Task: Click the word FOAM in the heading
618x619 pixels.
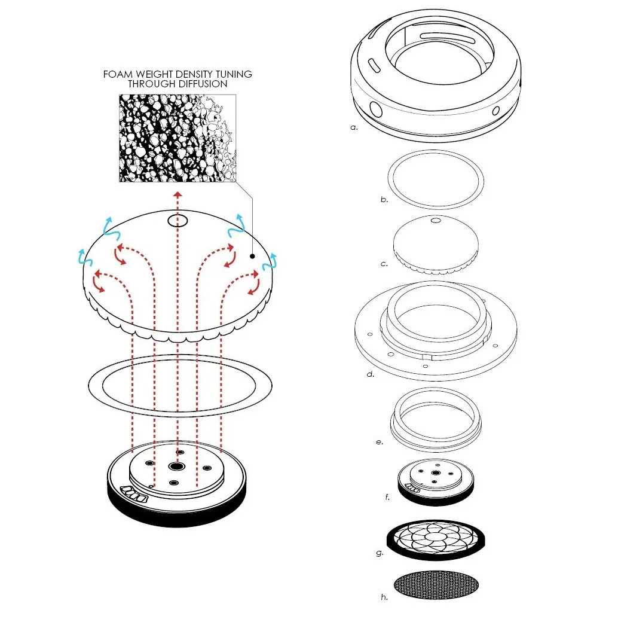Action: pyautogui.click(x=117, y=74)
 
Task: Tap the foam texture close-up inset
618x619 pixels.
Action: pyautogui.click(x=178, y=138)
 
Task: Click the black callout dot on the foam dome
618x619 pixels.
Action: pyautogui.click(x=253, y=256)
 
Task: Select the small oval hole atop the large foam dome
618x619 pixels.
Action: pyautogui.click(x=178, y=221)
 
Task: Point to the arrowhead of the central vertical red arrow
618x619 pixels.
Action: pyautogui.click(x=178, y=194)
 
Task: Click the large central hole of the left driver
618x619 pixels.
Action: pyautogui.click(x=176, y=466)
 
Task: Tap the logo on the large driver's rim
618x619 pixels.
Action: pyautogui.click(x=134, y=492)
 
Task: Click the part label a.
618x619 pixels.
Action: pyautogui.click(x=354, y=127)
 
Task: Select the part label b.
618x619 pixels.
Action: pyautogui.click(x=384, y=199)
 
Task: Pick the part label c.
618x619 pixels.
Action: pyautogui.click(x=384, y=264)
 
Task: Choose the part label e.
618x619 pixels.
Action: pyautogui.click(x=380, y=442)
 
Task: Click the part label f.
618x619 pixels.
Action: pyautogui.click(x=387, y=497)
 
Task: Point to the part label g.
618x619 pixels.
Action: pyautogui.click(x=380, y=553)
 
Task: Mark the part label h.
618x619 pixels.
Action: pyautogui.click(x=384, y=597)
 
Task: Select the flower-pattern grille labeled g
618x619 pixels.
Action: pyautogui.click(x=436, y=540)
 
